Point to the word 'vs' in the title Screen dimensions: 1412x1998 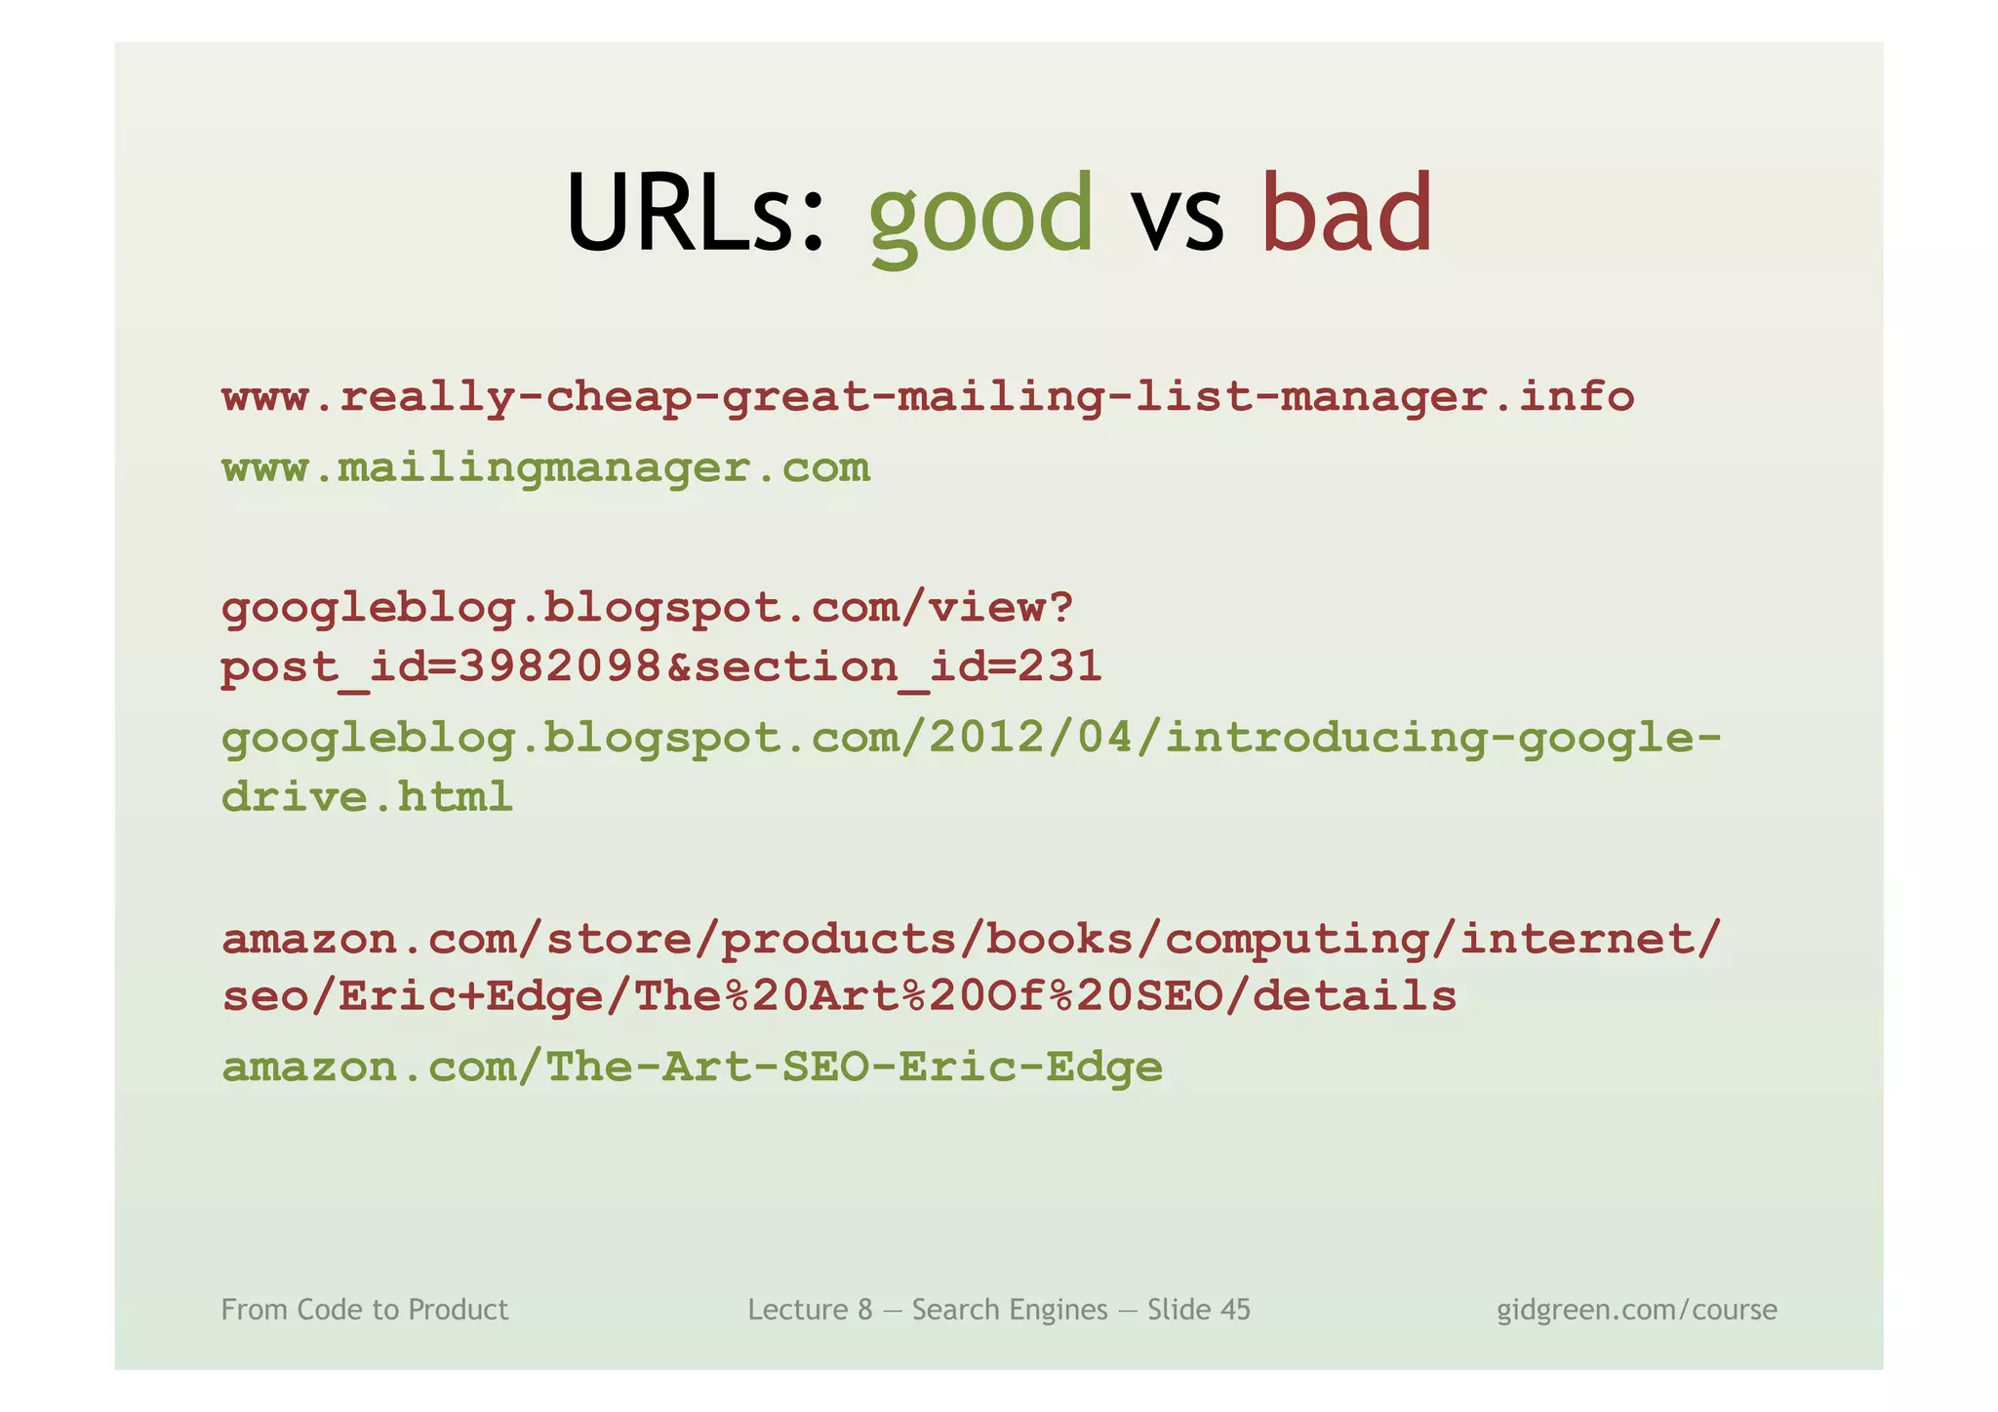tap(1177, 220)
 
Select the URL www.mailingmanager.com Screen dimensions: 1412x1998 tap(545, 468)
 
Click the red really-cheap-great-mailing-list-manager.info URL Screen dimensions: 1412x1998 tap(927, 398)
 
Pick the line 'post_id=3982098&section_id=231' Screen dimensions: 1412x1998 tap(661, 667)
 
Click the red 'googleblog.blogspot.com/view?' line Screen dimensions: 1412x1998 tap(647, 609)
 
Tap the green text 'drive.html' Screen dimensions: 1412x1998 tap(367, 797)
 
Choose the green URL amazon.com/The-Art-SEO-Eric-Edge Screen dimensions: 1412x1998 tap(692, 1067)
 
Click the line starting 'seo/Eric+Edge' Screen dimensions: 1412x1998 tap(839, 996)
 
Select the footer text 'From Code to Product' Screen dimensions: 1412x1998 tap(365, 1310)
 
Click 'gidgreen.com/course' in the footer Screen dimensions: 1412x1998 tap(1636, 1310)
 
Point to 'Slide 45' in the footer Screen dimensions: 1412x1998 tap(1198, 1310)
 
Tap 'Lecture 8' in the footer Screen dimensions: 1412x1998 tap(810, 1310)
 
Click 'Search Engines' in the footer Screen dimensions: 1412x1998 tap(1010, 1310)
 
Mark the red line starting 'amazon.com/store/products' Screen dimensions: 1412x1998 tap(971, 939)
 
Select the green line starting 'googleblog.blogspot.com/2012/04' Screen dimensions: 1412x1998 tap(971, 739)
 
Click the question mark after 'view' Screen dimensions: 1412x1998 tap(1061, 607)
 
